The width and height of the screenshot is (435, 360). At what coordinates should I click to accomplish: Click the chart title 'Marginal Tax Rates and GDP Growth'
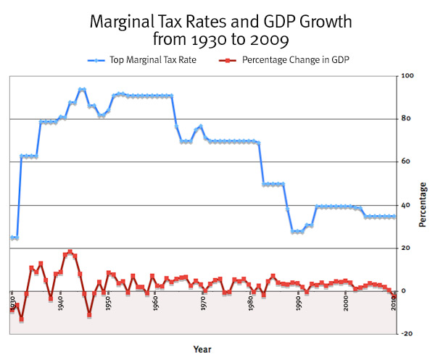(x=217, y=22)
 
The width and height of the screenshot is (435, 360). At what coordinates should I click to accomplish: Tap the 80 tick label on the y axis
(x=408, y=119)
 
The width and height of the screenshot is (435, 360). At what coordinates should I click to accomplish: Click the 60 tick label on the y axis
(x=408, y=162)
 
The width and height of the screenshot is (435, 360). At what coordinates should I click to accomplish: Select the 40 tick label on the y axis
(x=408, y=205)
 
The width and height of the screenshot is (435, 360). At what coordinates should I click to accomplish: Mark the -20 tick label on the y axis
(x=407, y=334)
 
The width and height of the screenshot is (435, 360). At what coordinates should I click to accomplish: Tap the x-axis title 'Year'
(x=202, y=349)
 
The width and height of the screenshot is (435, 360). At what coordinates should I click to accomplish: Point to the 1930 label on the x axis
(x=12, y=302)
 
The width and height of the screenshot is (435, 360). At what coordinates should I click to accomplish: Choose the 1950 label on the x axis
(x=108, y=302)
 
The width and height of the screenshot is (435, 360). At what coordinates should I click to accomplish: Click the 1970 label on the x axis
(x=204, y=302)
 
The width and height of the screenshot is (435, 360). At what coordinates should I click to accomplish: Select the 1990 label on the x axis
(x=299, y=302)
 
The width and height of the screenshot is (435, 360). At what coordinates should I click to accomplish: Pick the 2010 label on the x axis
(x=394, y=302)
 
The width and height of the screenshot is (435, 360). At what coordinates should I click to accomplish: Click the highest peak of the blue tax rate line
(x=82, y=89)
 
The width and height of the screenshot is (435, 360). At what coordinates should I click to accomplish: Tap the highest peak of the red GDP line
(x=70, y=251)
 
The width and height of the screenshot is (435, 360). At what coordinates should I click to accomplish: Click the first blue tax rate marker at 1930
(x=12, y=238)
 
